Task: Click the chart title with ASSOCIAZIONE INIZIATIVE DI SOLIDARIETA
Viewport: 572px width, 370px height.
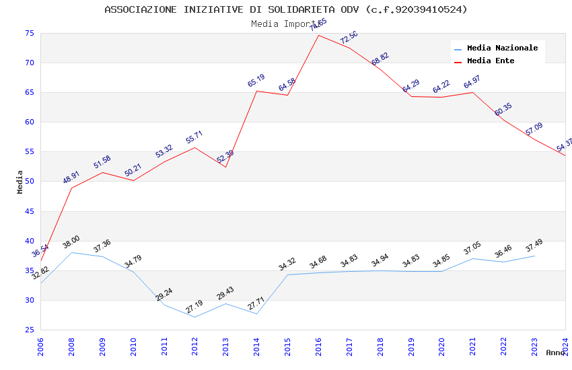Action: (x=285, y=9)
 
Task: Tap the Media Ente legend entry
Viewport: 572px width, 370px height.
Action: (x=490, y=61)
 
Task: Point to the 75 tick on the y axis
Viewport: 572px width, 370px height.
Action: (x=28, y=33)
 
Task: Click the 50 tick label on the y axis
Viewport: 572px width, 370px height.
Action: (x=28, y=182)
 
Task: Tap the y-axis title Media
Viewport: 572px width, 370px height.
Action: (x=20, y=182)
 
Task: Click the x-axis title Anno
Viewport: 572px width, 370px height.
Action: (x=555, y=353)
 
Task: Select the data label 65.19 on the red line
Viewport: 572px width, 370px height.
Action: (x=256, y=81)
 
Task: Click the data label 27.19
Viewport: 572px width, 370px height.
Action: (x=194, y=307)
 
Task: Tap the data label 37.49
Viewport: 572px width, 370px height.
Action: (x=534, y=246)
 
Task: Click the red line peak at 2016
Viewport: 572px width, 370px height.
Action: (x=318, y=35)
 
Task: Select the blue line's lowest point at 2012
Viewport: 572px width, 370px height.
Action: (x=194, y=317)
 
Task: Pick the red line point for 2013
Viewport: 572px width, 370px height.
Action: (x=225, y=167)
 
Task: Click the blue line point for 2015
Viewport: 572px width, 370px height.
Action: (x=287, y=274)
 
